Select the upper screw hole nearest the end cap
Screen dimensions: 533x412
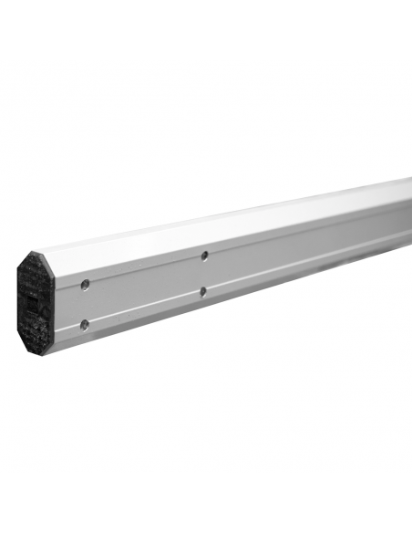pyautogui.click(x=85, y=284)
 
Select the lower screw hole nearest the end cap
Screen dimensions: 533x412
pyautogui.click(x=85, y=323)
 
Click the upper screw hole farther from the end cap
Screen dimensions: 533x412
pyautogui.click(x=205, y=256)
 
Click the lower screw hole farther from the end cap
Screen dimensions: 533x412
pyautogui.click(x=203, y=292)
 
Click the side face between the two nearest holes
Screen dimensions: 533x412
pyautogui.click(x=85, y=304)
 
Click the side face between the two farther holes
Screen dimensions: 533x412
pyautogui.click(x=204, y=274)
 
